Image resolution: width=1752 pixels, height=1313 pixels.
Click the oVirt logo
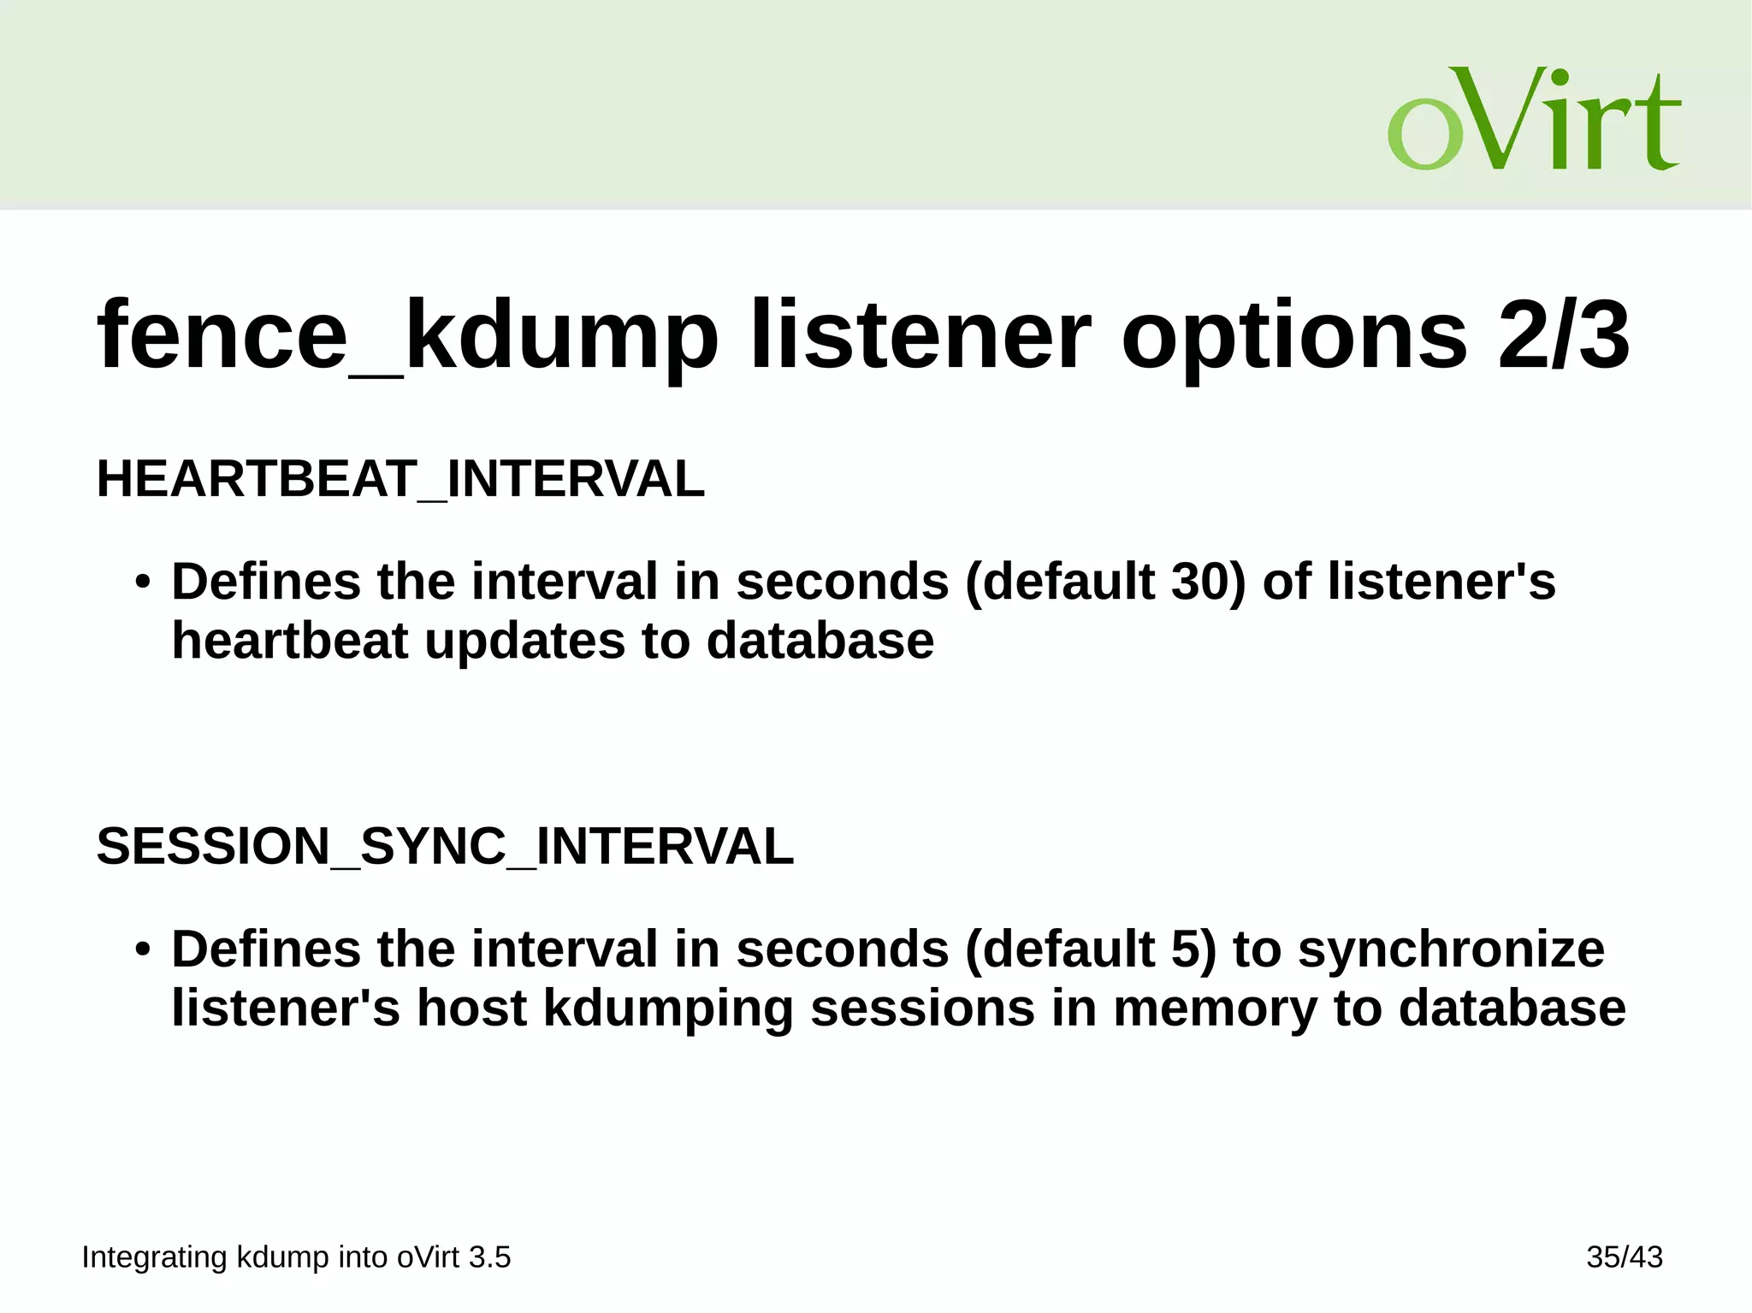coord(1534,119)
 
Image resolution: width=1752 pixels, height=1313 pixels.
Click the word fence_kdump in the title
coord(407,336)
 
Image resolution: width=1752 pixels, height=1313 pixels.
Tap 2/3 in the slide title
coord(1564,336)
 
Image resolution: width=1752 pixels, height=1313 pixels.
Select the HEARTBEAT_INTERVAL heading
coord(400,479)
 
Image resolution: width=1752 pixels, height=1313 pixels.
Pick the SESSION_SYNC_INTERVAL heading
coord(445,847)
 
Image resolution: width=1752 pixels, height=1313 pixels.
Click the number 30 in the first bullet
coord(1200,582)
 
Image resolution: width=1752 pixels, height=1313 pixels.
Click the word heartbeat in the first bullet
coord(290,641)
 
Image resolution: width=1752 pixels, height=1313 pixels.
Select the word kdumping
coord(668,1009)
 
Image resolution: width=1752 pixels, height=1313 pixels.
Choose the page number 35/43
coord(1624,1257)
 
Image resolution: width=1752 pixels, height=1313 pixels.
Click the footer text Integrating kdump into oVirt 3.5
coord(296,1257)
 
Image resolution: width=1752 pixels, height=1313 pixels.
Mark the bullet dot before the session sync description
coord(143,950)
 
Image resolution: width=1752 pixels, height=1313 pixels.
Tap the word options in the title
coord(1293,336)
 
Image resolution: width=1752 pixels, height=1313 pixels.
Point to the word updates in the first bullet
coord(524,641)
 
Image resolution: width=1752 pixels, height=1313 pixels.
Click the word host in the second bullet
coord(471,1009)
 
